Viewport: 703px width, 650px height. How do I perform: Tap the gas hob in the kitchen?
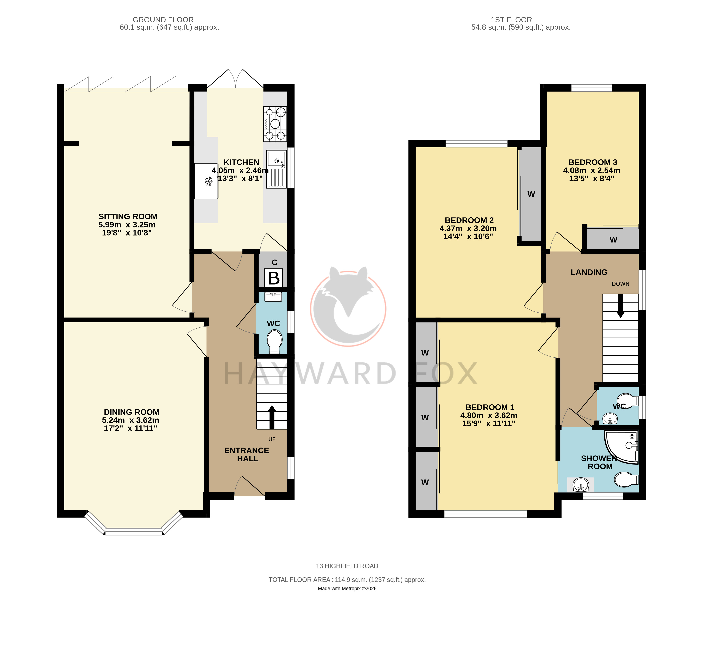275,124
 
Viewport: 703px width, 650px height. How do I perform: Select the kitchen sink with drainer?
276,169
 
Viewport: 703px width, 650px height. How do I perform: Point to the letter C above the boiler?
275,262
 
